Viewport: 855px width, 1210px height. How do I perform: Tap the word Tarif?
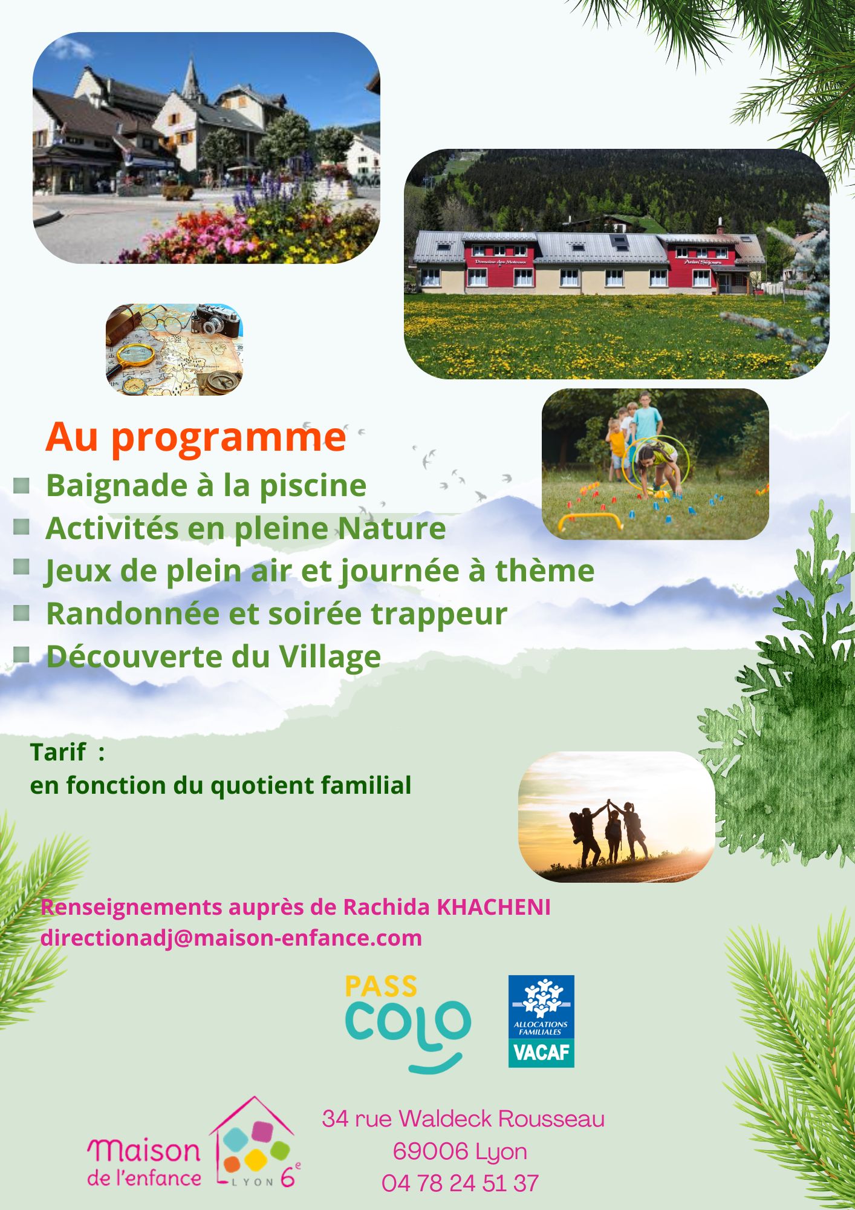58,753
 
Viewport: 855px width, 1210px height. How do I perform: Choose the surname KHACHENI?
493,907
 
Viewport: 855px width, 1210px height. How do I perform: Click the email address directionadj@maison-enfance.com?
231,938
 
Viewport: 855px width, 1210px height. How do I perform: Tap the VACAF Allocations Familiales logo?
541,1021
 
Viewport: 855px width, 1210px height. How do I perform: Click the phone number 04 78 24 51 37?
460,1183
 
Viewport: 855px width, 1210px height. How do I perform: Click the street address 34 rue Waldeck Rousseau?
463,1119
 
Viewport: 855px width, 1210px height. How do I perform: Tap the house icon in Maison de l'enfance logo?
255,1142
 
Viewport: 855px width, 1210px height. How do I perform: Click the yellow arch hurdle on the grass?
590,521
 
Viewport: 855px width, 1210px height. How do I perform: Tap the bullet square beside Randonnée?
22,613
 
